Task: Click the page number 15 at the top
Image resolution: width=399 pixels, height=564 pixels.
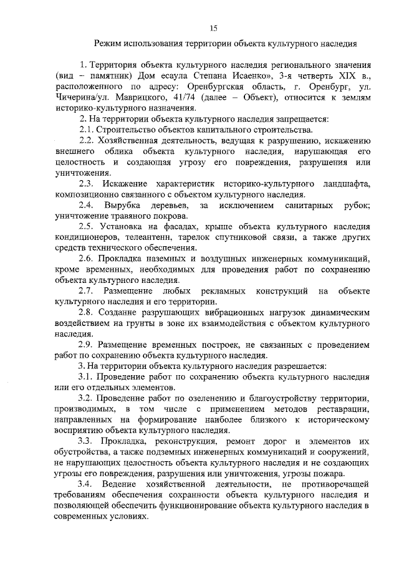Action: (x=213, y=27)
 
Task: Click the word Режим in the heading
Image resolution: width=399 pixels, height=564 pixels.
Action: (x=108, y=44)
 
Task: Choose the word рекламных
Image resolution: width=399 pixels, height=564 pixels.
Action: (x=218, y=292)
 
